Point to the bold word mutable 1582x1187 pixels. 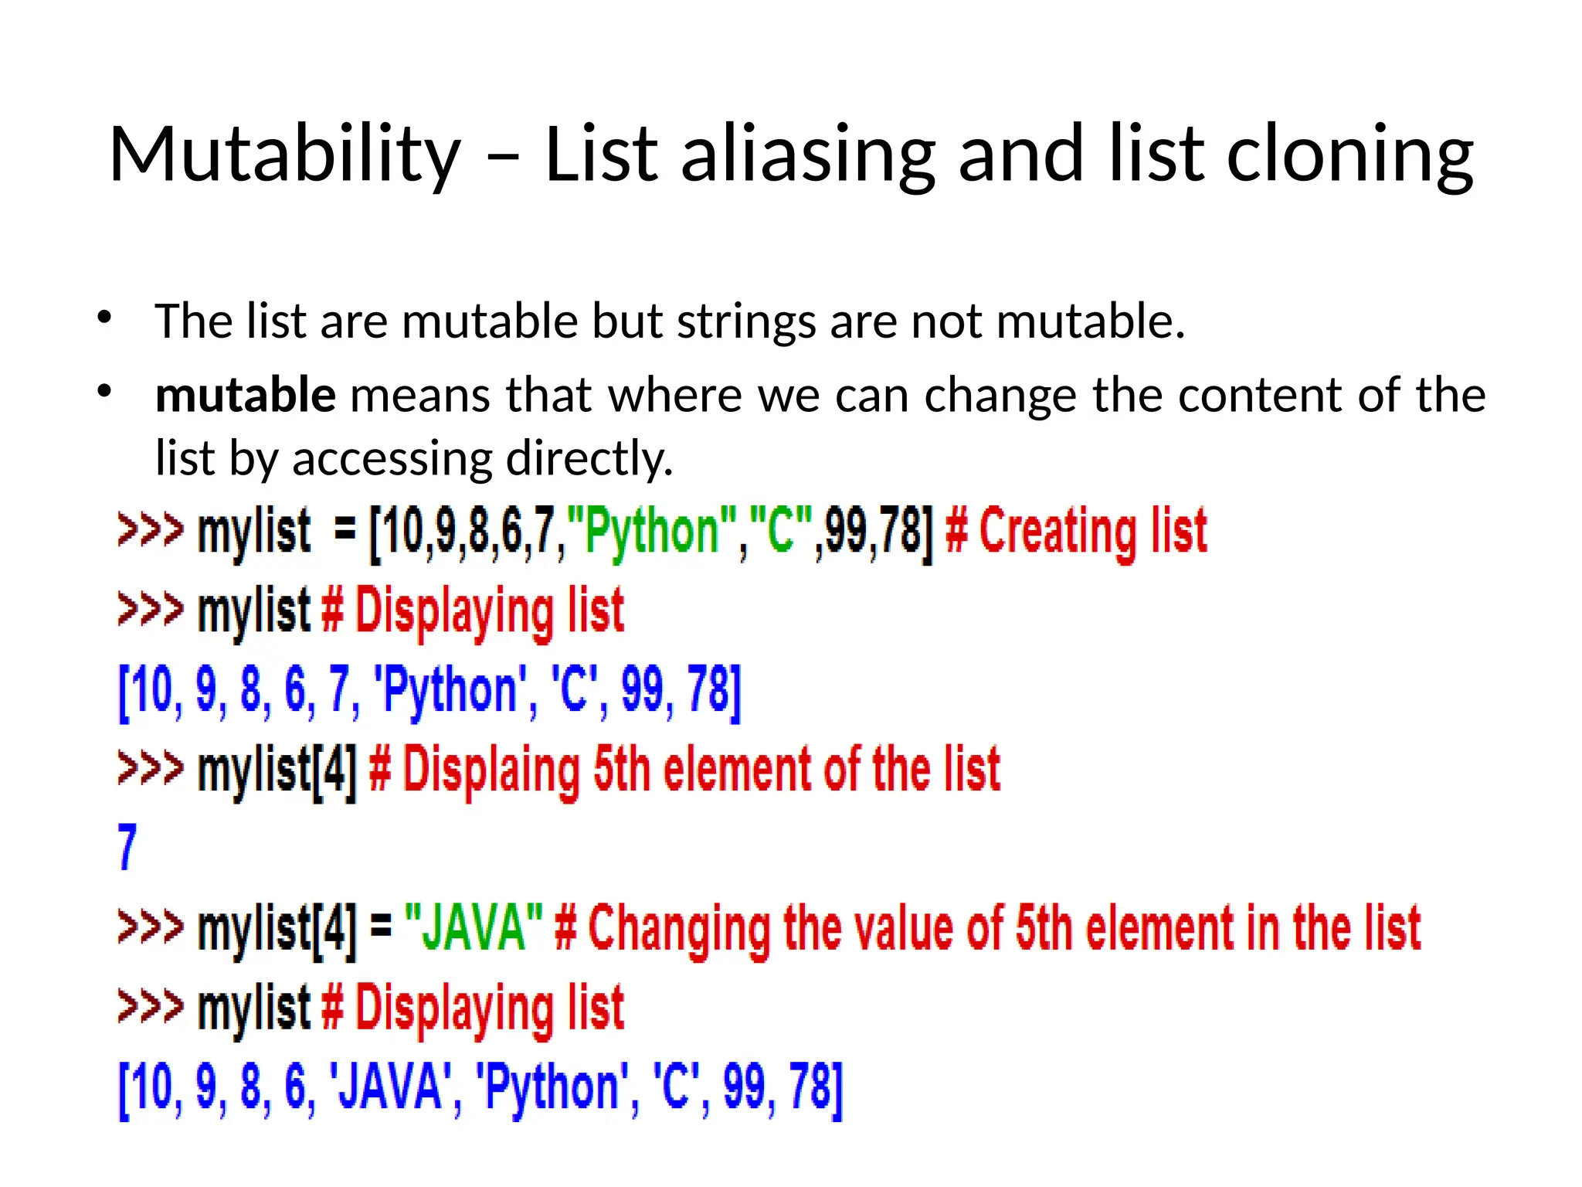pos(246,395)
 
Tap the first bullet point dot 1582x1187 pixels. pos(105,317)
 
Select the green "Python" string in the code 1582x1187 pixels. pos(652,532)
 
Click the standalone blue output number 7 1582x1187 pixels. pos(127,847)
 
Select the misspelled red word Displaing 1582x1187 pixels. pos(491,770)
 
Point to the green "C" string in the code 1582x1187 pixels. pos(781,532)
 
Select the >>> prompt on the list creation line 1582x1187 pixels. pos(151,531)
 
